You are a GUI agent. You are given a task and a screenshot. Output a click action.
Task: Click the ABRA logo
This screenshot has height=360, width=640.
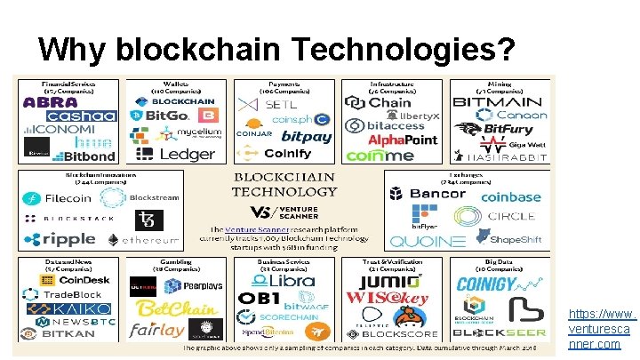(x=51, y=102)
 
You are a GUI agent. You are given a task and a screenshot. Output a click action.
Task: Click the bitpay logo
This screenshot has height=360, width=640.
(x=306, y=137)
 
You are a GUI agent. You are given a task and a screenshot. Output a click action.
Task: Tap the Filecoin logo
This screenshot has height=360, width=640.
(x=61, y=198)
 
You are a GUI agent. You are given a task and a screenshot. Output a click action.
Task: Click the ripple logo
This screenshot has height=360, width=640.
(x=60, y=238)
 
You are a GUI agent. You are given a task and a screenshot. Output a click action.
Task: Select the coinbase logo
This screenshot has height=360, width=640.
(x=510, y=197)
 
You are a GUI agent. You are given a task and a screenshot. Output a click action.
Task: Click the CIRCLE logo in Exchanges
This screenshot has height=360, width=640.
(x=504, y=216)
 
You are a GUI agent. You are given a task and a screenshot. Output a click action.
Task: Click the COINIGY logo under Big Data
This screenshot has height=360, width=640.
(x=486, y=284)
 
